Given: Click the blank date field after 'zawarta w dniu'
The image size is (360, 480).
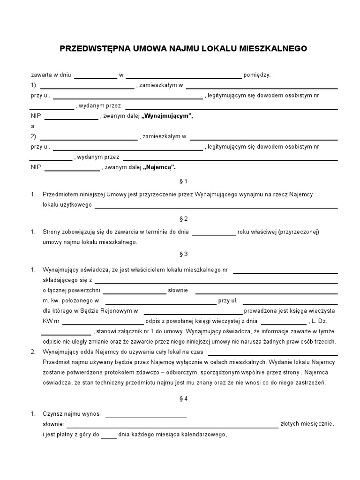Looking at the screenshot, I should [96, 76].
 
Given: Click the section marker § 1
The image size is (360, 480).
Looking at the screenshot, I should [183, 181].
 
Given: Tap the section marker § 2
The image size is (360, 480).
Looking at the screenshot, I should [183, 219].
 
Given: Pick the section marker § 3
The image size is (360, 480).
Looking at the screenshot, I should [183, 254].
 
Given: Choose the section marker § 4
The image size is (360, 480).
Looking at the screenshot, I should [183, 399].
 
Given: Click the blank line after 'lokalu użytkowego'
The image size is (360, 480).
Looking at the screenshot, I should [216, 207].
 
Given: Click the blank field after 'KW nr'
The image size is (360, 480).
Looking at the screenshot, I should [103, 322].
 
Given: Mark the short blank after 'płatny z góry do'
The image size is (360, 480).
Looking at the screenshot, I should [109, 436].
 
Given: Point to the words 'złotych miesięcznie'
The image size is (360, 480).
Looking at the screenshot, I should [307, 424].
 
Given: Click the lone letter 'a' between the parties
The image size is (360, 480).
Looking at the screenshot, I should [33, 126].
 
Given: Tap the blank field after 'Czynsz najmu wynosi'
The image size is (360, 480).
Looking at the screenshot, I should [146, 416].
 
